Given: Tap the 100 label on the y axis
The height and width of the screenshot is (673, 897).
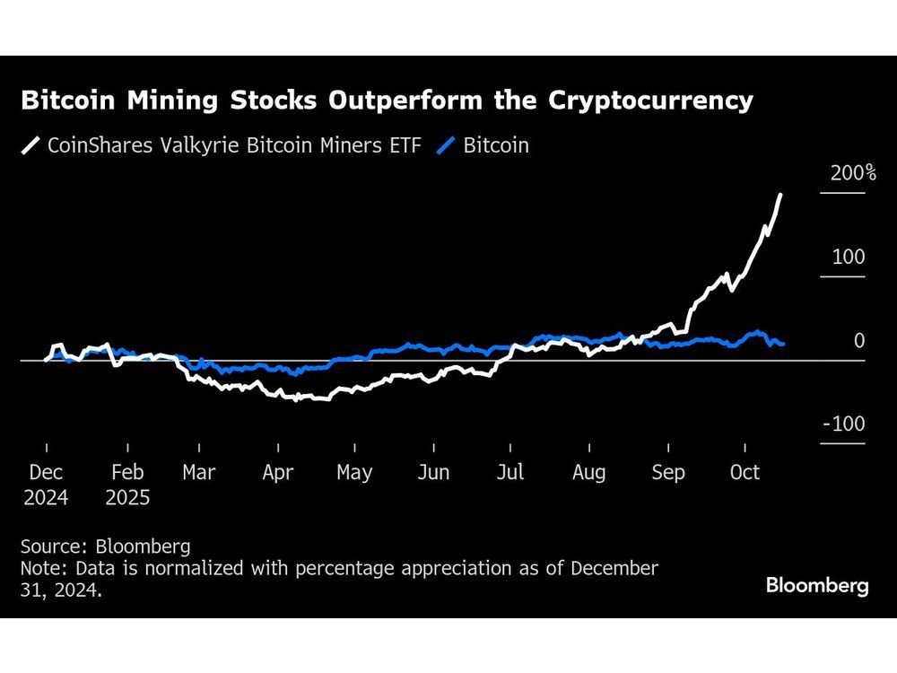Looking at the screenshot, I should click(848, 258).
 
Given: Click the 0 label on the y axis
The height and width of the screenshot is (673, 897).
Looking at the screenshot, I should click(859, 341).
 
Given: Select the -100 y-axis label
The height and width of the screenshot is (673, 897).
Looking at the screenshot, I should click(844, 424).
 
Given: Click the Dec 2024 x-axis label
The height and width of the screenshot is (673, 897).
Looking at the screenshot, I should click(46, 484).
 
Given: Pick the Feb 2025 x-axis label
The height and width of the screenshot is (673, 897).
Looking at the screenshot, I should click(127, 484).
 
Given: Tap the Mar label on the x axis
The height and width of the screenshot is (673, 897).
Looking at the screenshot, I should click(199, 473).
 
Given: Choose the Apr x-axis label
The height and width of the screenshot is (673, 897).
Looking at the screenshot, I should click(277, 473).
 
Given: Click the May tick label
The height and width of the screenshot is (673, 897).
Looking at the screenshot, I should click(354, 473).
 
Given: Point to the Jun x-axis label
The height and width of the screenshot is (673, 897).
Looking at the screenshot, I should click(433, 473).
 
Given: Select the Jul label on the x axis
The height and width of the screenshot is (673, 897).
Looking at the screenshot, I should click(510, 473).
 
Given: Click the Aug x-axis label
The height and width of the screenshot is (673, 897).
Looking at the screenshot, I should click(589, 473).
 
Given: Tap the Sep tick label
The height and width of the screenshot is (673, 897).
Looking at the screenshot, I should click(668, 473).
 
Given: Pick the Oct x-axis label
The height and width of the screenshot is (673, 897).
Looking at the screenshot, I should click(745, 473).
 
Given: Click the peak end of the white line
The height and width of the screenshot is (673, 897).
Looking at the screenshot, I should click(780, 195).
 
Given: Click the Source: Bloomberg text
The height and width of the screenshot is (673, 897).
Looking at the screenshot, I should click(106, 546).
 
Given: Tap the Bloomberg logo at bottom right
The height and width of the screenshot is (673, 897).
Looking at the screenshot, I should click(817, 586).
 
